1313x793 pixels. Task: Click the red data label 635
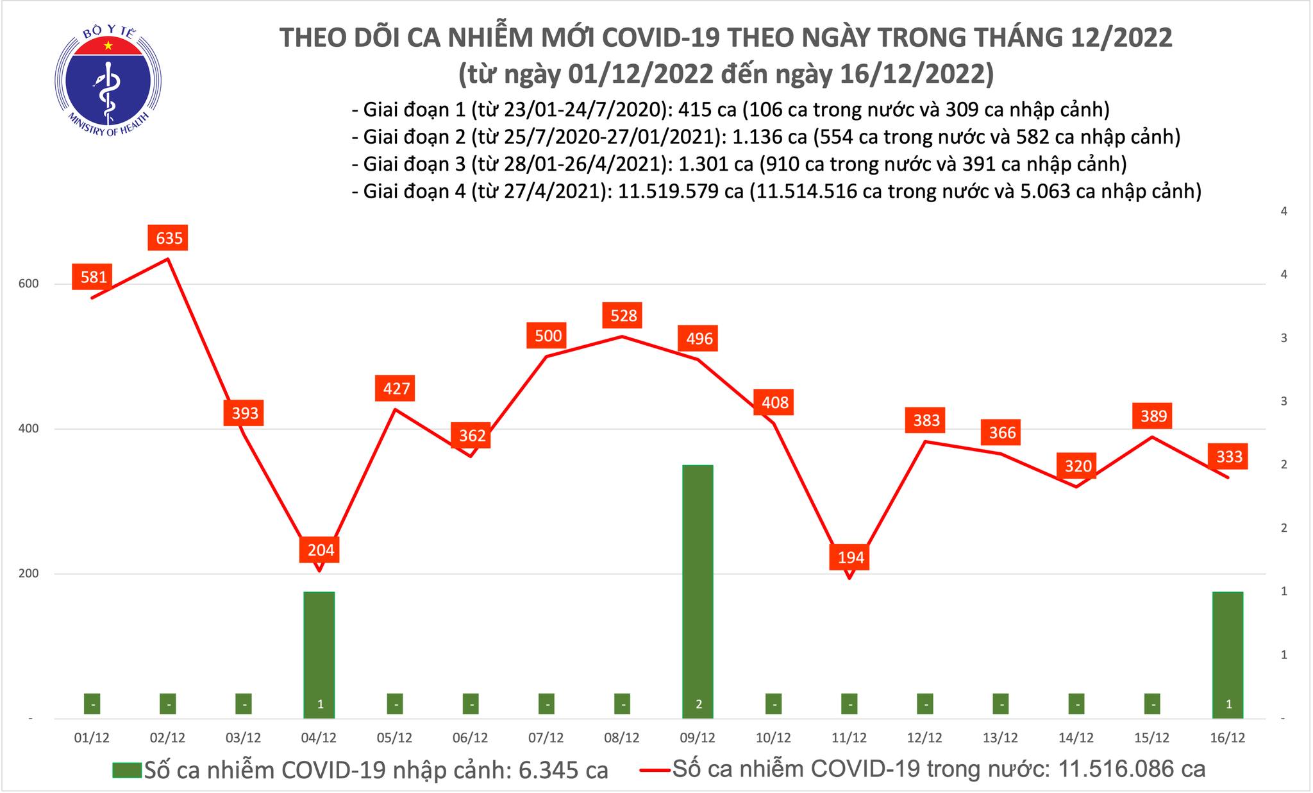tap(169, 239)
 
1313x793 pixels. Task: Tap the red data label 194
tap(851, 557)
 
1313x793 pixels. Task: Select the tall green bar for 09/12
tap(698, 590)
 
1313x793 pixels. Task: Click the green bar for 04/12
tap(319, 654)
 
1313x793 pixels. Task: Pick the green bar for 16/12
tap(1228, 654)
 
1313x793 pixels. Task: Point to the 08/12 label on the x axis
tap(621, 738)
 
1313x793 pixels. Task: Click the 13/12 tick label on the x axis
tap(1000, 738)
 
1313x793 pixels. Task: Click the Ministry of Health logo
tap(108, 80)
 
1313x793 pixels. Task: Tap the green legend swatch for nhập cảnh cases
tap(126, 769)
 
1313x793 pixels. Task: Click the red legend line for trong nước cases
tap(655, 769)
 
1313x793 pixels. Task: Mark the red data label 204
tap(321, 550)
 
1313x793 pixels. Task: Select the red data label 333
tap(1229, 456)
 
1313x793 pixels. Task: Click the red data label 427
tap(396, 389)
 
